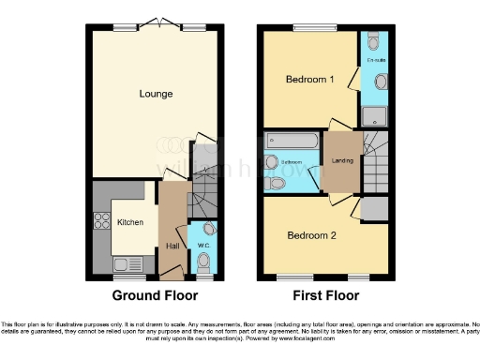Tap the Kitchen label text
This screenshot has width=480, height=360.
[x=129, y=222]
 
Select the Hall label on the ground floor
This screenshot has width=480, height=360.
[x=172, y=246]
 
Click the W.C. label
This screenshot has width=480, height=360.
[x=202, y=246]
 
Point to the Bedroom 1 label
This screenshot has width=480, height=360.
[x=309, y=80]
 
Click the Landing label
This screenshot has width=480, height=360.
[x=343, y=160]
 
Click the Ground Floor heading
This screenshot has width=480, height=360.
[x=156, y=295]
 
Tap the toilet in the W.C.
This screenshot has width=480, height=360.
[x=205, y=230]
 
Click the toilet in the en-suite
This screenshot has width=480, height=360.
[x=375, y=41]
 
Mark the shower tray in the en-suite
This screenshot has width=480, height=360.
[x=375, y=116]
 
